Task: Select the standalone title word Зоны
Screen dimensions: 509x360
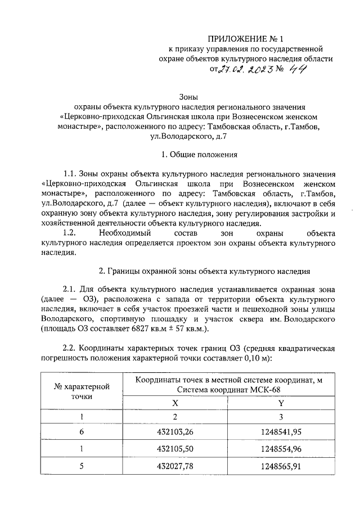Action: tap(189, 97)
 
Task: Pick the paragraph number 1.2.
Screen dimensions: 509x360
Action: tap(70, 232)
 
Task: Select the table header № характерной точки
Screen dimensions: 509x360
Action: tap(82, 391)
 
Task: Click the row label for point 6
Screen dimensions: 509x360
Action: tap(82, 432)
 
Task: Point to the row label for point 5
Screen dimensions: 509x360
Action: tap(82, 466)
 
